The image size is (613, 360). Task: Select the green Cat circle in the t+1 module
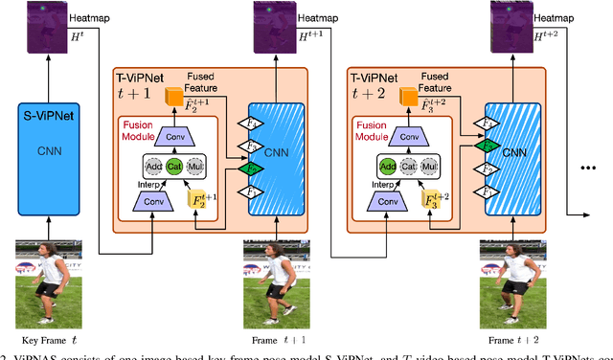(174, 165)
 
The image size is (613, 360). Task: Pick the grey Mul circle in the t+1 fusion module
(197, 165)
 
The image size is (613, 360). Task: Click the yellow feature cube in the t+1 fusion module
(196, 202)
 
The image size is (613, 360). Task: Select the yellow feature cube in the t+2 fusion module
(427, 202)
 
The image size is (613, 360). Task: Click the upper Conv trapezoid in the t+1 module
(173, 136)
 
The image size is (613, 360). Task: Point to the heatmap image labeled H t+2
(509, 26)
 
